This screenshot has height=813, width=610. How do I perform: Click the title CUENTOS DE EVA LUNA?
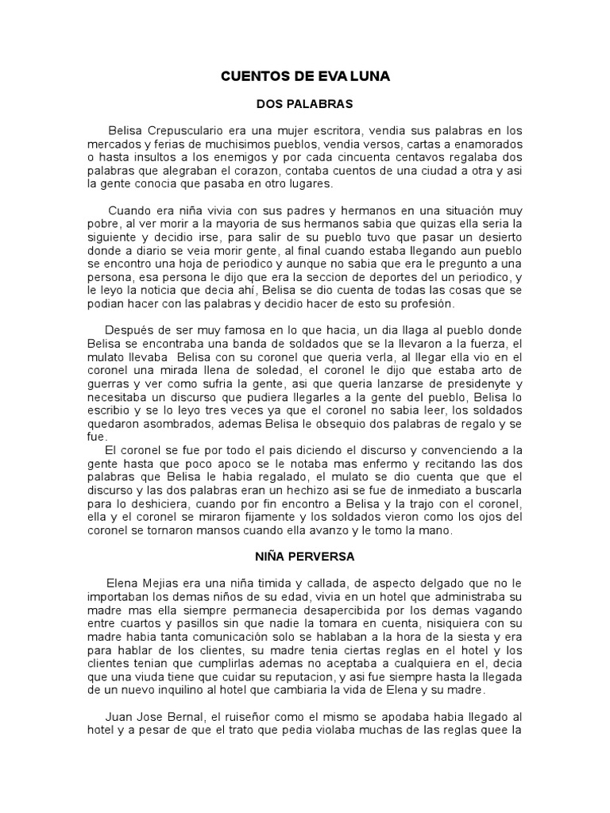point(304,77)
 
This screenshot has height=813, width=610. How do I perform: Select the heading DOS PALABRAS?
point(304,103)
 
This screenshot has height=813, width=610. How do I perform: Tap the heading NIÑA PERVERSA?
point(304,557)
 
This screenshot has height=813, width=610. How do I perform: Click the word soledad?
point(280,370)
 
